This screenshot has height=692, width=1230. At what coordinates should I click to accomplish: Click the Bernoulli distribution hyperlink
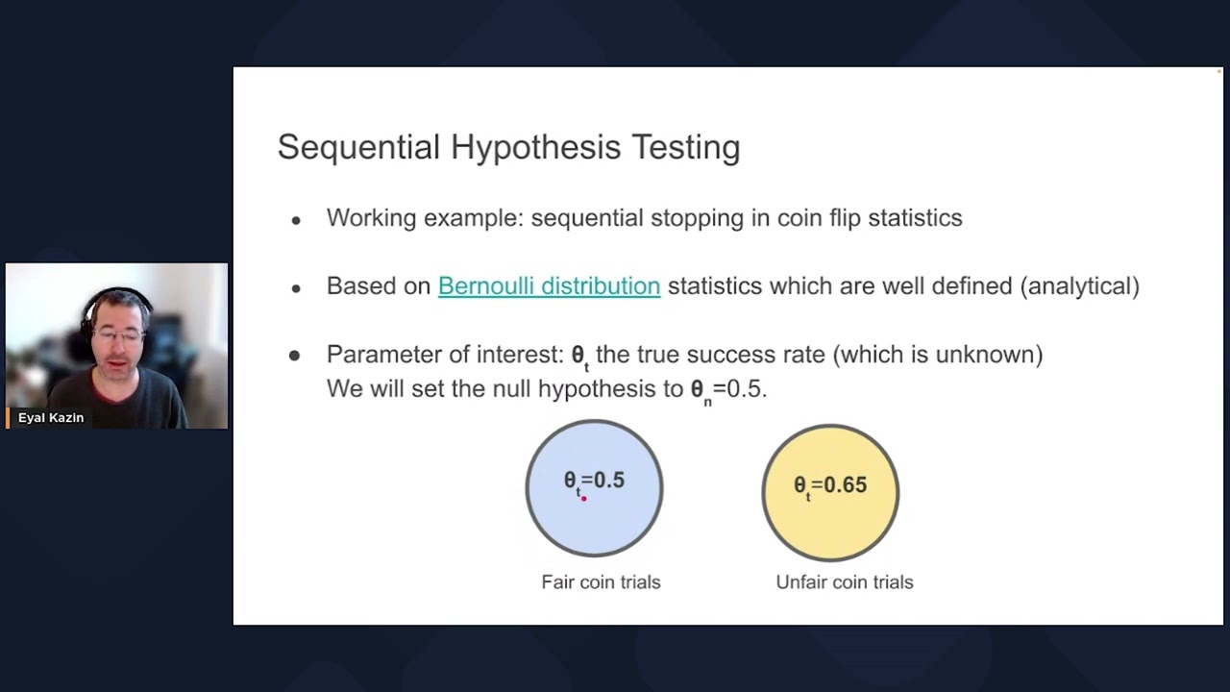point(549,286)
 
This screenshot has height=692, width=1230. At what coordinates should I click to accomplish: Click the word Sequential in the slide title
point(358,147)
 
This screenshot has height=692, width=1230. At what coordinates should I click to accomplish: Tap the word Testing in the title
point(685,147)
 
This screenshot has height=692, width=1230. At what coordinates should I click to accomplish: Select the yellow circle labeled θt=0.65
point(830,524)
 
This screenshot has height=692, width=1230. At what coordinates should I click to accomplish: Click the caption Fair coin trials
point(601,582)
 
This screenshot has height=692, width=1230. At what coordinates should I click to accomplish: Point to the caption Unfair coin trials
point(844,582)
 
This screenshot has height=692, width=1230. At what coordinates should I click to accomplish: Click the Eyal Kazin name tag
point(50,418)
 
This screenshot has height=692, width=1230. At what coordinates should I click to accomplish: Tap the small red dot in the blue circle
point(583,498)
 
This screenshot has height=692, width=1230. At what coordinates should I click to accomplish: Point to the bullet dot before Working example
point(296,220)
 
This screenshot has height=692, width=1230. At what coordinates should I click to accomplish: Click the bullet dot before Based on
point(296,288)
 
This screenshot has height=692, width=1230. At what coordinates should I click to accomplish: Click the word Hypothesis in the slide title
point(536,147)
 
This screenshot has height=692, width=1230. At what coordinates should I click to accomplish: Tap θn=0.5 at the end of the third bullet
point(727,389)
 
